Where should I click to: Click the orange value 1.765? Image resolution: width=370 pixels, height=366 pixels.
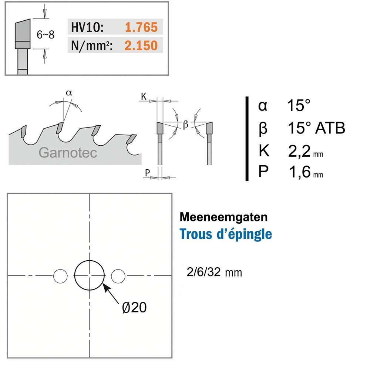point(141,27)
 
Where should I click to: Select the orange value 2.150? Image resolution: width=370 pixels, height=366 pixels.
point(141,45)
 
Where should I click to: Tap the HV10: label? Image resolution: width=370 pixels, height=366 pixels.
point(87,27)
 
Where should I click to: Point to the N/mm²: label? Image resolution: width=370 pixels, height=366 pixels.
point(92,45)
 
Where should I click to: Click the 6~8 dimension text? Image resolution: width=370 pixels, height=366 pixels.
point(46,35)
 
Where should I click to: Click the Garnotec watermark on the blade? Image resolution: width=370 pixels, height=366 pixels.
point(68,153)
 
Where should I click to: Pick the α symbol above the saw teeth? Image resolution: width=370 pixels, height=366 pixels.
point(69,93)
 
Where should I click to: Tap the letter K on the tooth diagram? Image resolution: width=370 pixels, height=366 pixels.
point(144,96)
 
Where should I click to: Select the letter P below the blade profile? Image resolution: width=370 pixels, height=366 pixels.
point(147,173)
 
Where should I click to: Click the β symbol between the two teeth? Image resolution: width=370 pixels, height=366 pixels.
point(185,125)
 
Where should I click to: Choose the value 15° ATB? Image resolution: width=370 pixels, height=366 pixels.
point(316,128)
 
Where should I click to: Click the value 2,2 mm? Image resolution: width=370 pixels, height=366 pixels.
point(305,151)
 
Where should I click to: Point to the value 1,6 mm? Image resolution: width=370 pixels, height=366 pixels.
point(306,172)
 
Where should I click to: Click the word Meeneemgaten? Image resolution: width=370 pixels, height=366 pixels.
point(223,217)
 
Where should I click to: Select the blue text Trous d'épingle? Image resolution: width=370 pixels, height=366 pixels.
point(226,234)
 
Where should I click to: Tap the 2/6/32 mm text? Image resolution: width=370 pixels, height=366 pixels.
point(214,272)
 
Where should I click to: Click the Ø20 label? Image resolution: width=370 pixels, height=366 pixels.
point(134,308)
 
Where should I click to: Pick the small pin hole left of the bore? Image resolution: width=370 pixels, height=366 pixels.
point(60,276)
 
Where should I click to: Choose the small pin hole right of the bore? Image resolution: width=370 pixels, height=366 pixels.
point(118,276)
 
